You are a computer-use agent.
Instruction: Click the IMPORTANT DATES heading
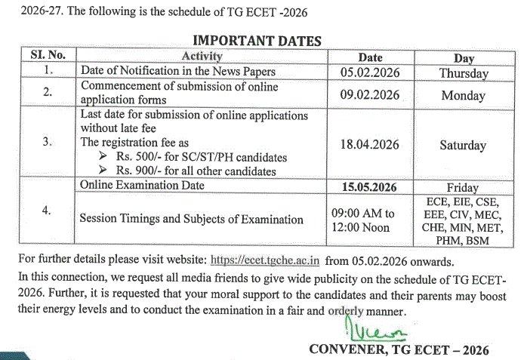(257, 41)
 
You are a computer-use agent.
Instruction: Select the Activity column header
(202, 57)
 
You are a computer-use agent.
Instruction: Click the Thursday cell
(464, 73)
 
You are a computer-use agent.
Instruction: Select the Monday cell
(464, 96)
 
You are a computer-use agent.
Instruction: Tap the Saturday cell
(464, 146)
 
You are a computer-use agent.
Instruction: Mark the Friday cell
(463, 188)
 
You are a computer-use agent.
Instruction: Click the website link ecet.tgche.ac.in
(265, 261)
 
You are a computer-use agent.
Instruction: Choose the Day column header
(464, 57)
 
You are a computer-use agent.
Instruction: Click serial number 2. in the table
(48, 93)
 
